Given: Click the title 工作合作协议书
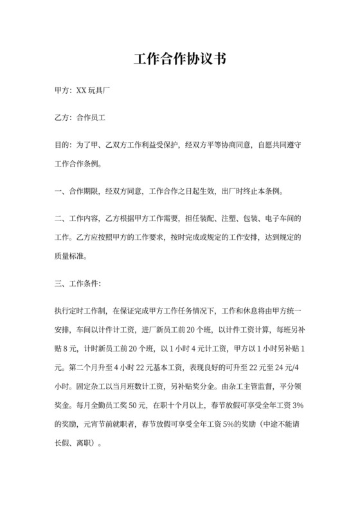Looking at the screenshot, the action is click(x=180, y=60).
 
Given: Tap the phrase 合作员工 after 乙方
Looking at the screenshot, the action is click(x=90, y=118).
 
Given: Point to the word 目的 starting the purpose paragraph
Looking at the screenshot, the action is click(x=63, y=146).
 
